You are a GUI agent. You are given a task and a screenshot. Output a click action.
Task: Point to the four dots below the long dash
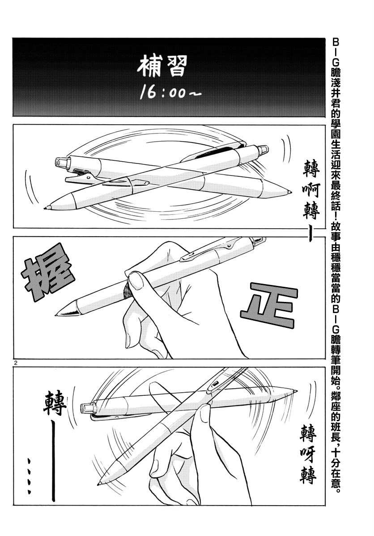click(x=29, y=476)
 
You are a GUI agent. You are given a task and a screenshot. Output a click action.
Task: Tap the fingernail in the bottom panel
click(x=205, y=414)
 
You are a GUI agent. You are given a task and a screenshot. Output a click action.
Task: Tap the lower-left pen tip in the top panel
click(x=47, y=207)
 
